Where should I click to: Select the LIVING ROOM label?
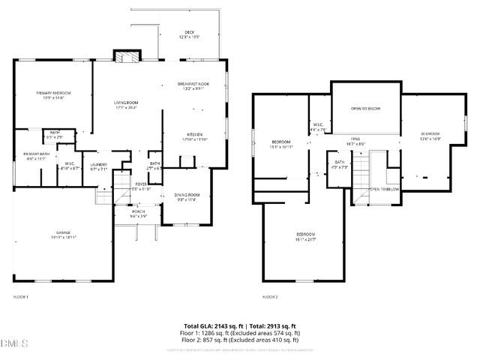127,104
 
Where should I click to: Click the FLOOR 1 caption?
20,297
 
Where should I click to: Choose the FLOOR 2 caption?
270,297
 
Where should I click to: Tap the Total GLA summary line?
240,325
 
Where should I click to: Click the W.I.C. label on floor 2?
318,126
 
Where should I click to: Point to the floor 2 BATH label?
340,164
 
